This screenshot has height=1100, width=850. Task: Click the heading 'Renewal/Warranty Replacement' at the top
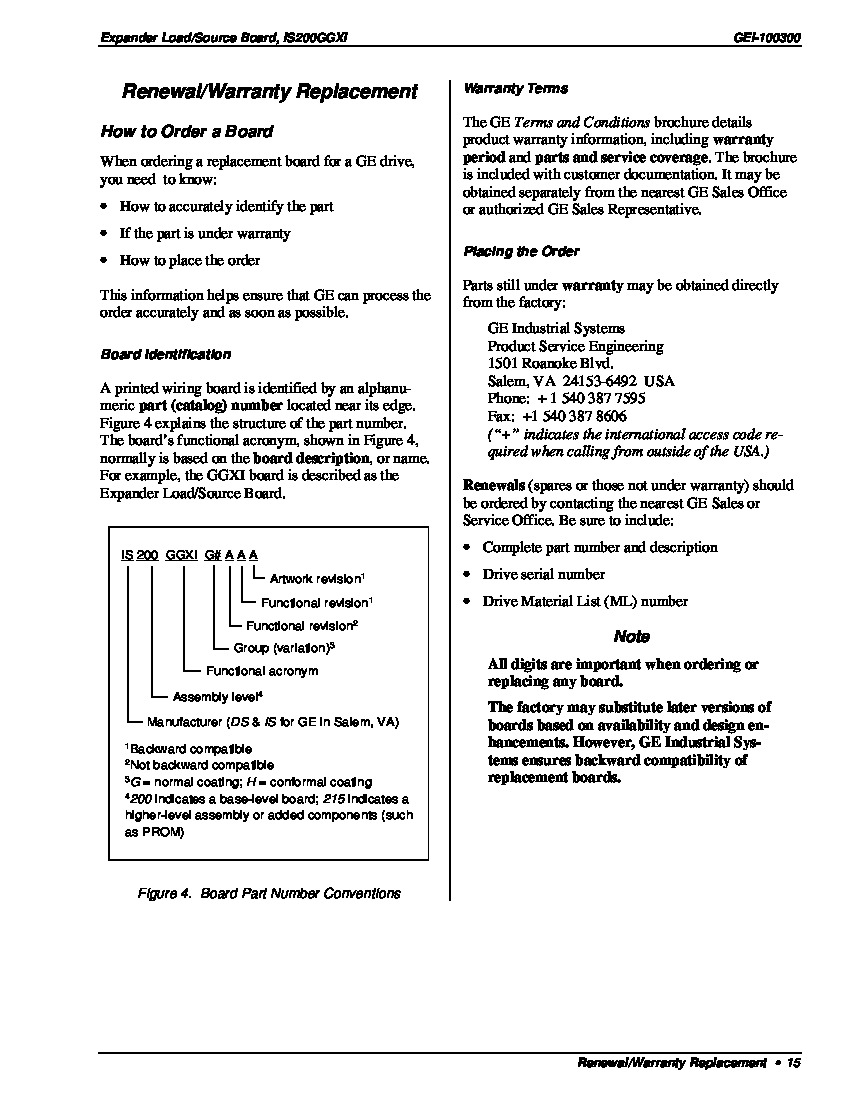(x=269, y=92)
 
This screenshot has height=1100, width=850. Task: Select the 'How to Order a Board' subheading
(x=186, y=132)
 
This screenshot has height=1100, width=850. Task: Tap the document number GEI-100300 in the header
(x=767, y=38)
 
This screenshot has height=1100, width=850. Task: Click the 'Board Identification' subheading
(x=165, y=354)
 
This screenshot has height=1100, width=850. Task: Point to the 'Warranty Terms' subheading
(x=515, y=89)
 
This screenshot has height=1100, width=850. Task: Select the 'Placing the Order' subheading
(x=520, y=252)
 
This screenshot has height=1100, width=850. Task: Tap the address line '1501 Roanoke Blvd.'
(x=550, y=363)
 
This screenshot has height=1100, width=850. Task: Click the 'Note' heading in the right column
(x=631, y=637)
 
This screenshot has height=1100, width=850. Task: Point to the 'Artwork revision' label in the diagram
(x=317, y=579)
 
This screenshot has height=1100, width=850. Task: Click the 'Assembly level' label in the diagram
(x=217, y=697)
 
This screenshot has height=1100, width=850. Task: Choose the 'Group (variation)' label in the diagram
(x=283, y=648)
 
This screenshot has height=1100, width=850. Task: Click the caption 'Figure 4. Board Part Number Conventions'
(x=268, y=893)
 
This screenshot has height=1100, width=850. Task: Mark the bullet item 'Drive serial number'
(x=543, y=575)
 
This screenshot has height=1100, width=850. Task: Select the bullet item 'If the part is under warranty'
(x=205, y=234)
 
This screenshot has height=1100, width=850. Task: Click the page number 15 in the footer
(x=794, y=1063)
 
